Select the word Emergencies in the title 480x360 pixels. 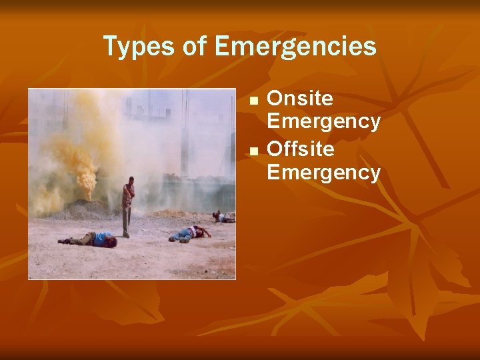[297, 47]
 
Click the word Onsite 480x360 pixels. [300, 99]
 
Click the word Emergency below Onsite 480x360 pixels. [324, 122]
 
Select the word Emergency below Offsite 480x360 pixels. [324, 173]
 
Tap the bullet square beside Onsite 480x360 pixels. [253, 100]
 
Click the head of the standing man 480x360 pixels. [131, 181]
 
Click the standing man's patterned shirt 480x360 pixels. [127, 197]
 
